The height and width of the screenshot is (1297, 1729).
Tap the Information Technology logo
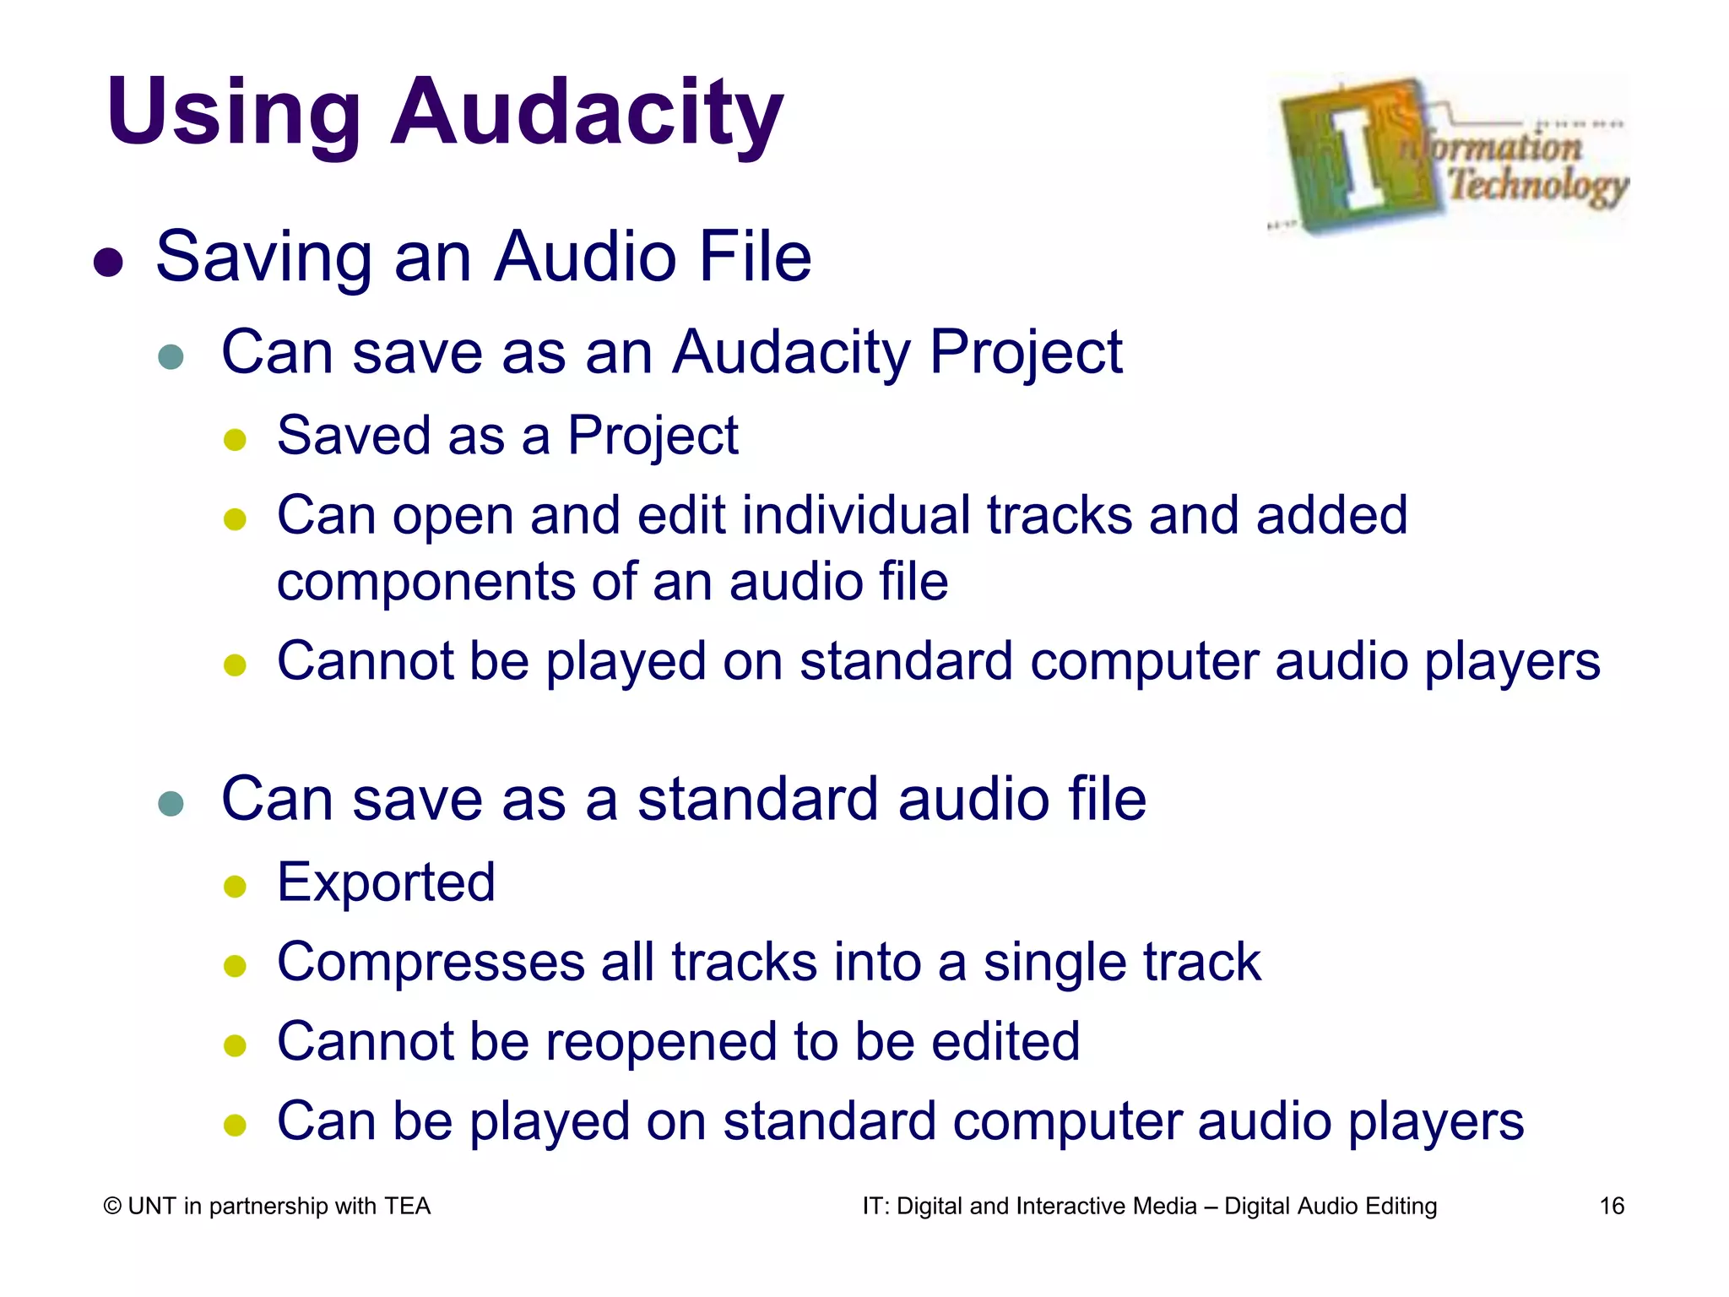pos(1449,155)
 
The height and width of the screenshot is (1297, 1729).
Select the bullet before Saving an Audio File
pos(109,262)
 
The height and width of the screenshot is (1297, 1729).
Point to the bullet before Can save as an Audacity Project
pos(171,356)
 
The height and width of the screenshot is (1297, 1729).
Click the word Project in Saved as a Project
pos(653,437)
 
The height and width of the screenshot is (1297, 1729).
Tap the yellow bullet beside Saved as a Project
pos(235,440)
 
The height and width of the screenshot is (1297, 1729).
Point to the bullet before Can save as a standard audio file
pos(171,803)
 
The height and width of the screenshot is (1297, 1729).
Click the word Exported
pos(386,882)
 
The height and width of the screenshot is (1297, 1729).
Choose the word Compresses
pos(431,963)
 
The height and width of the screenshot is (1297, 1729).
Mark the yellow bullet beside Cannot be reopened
pos(235,1045)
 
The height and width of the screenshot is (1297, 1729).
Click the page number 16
pos(1612,1206)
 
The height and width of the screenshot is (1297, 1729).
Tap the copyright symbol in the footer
pos(112,1207)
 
